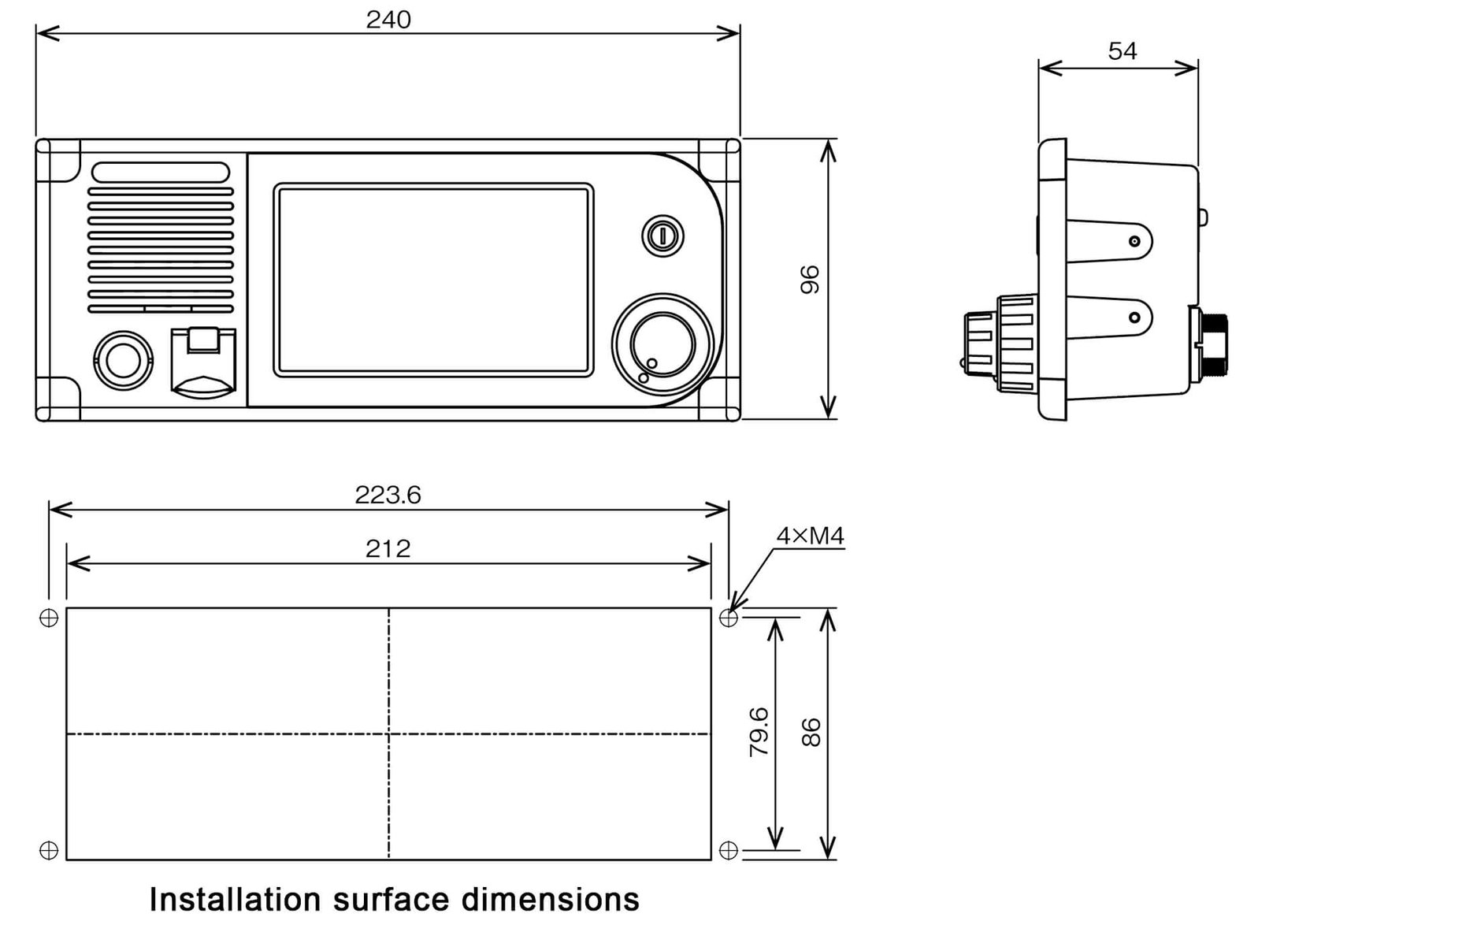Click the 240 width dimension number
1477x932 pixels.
click(x=388, y=20)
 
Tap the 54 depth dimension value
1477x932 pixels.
click(x=1122, y=51)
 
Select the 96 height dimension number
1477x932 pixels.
click(x=810, y=280)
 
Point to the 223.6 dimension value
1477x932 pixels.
click(x=388, y=496)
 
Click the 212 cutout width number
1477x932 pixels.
click(x=388, y=549)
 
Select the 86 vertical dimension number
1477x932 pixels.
click(x=811, y=732)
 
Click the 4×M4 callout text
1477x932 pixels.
click(x=810, y=537)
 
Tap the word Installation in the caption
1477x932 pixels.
click(x=235, y=899)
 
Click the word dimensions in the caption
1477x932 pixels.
click(x=550, y=899)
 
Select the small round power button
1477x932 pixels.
click(x=663, y=235)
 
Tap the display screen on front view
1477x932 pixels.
click(x=433, y=280)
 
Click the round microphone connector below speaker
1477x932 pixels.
click(x=121, y=361)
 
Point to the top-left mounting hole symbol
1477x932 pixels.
click(x=49, y=618)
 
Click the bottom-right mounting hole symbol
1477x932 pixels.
click(x=729, y=850)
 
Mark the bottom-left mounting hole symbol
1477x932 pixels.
click(x=49, y=850)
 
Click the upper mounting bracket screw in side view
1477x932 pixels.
click(x=1134, y=241)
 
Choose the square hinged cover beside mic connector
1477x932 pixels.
click(x=203, y=359)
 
